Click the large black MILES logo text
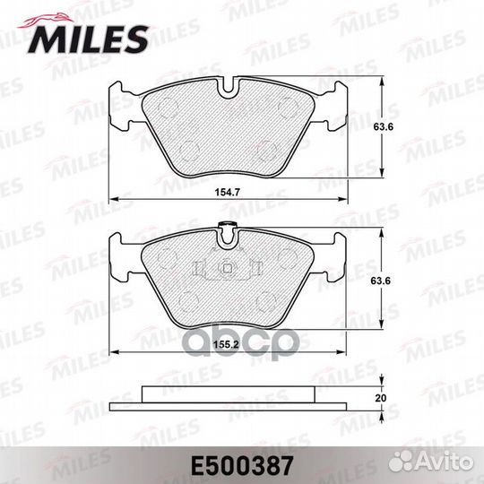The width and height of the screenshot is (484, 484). point(88,39)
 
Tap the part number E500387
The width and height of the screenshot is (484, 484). point(242,466)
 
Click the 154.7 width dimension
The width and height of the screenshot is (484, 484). point(228,193)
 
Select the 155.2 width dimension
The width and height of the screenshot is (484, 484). point(228,344)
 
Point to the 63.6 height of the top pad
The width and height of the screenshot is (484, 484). point(383,126)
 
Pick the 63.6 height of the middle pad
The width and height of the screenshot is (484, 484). point(381,281)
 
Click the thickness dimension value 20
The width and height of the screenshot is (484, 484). point(381,398)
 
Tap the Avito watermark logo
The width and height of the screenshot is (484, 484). point(430,462)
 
